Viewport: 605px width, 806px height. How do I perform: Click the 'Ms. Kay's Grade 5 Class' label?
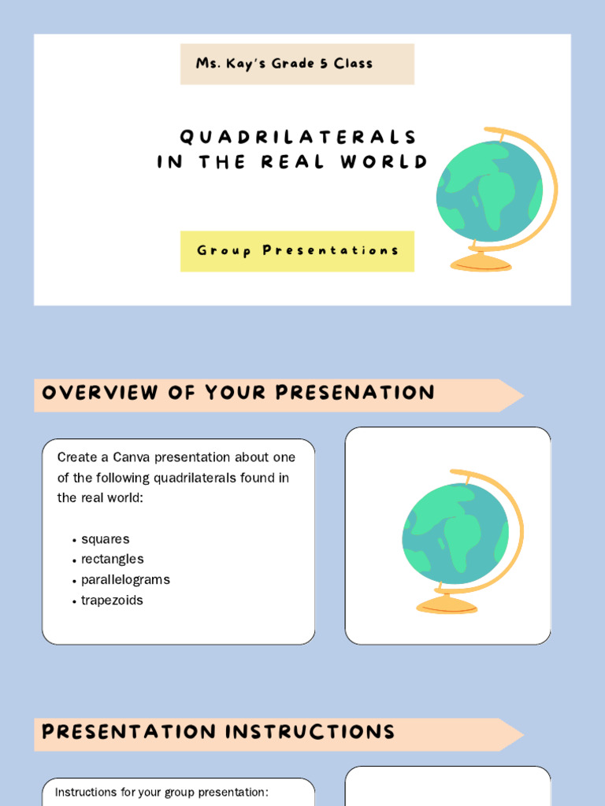[x=284, y=64]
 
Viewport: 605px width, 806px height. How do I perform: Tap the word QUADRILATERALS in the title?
[x=298, y=137]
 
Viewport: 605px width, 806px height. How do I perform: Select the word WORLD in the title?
[x=384, y=162]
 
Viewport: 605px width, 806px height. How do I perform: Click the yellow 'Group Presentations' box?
[x=297, y=251]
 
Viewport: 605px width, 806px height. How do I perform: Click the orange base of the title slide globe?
[x=481, y=262]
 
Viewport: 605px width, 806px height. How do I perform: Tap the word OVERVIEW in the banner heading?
[x=99, y=394]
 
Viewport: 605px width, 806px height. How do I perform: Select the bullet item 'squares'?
[x=105, y=539]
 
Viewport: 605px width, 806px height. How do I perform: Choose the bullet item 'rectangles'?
[x=112, y=559]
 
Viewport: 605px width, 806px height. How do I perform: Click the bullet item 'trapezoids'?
[x=112, y=600]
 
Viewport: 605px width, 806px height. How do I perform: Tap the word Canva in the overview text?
[x=132, y=457]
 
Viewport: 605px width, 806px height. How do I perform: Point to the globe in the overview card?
[x=455, y=534]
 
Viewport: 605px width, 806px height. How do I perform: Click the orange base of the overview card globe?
[x=447, y=604]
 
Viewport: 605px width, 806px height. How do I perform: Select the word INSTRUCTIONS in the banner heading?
[x=310, y=732]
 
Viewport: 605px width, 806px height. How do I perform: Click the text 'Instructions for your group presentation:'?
[x=161, y=792]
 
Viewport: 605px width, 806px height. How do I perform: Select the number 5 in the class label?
[x=323, y=64]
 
